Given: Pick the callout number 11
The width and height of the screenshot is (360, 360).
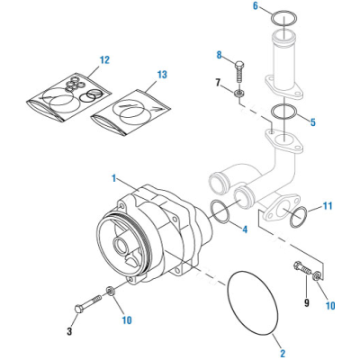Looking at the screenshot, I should (327, 206).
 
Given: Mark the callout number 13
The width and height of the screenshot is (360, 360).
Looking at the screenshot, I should (162, 74).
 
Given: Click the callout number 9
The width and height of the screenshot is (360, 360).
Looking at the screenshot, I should (308, 302).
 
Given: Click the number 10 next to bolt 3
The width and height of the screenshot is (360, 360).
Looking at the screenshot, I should (126, 320).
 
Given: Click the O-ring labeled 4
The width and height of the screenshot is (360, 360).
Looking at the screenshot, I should (222, 212).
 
